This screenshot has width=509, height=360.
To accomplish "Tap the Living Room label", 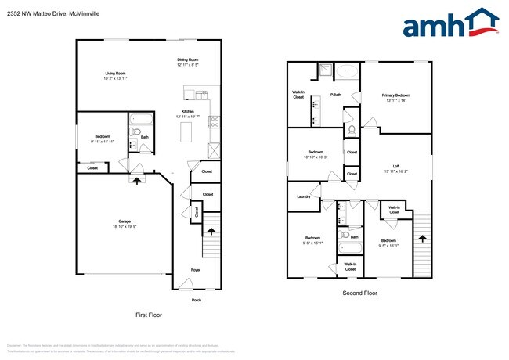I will coord(115,74).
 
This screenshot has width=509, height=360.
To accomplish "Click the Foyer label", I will coord(196,270).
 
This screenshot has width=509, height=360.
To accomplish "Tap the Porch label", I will coord(196,299).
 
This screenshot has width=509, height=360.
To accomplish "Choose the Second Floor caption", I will coord(359,293).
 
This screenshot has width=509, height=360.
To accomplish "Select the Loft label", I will coord(396,166).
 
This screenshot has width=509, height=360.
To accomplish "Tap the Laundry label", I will coord(304,196).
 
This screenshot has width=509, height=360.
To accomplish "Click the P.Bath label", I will coord(334,95).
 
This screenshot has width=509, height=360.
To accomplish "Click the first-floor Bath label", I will coord(144,137).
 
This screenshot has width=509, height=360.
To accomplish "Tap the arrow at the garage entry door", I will coord(138,180).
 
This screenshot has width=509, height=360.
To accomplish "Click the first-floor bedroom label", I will coord(102,136).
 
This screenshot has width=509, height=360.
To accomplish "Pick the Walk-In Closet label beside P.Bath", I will coord(298,94).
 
